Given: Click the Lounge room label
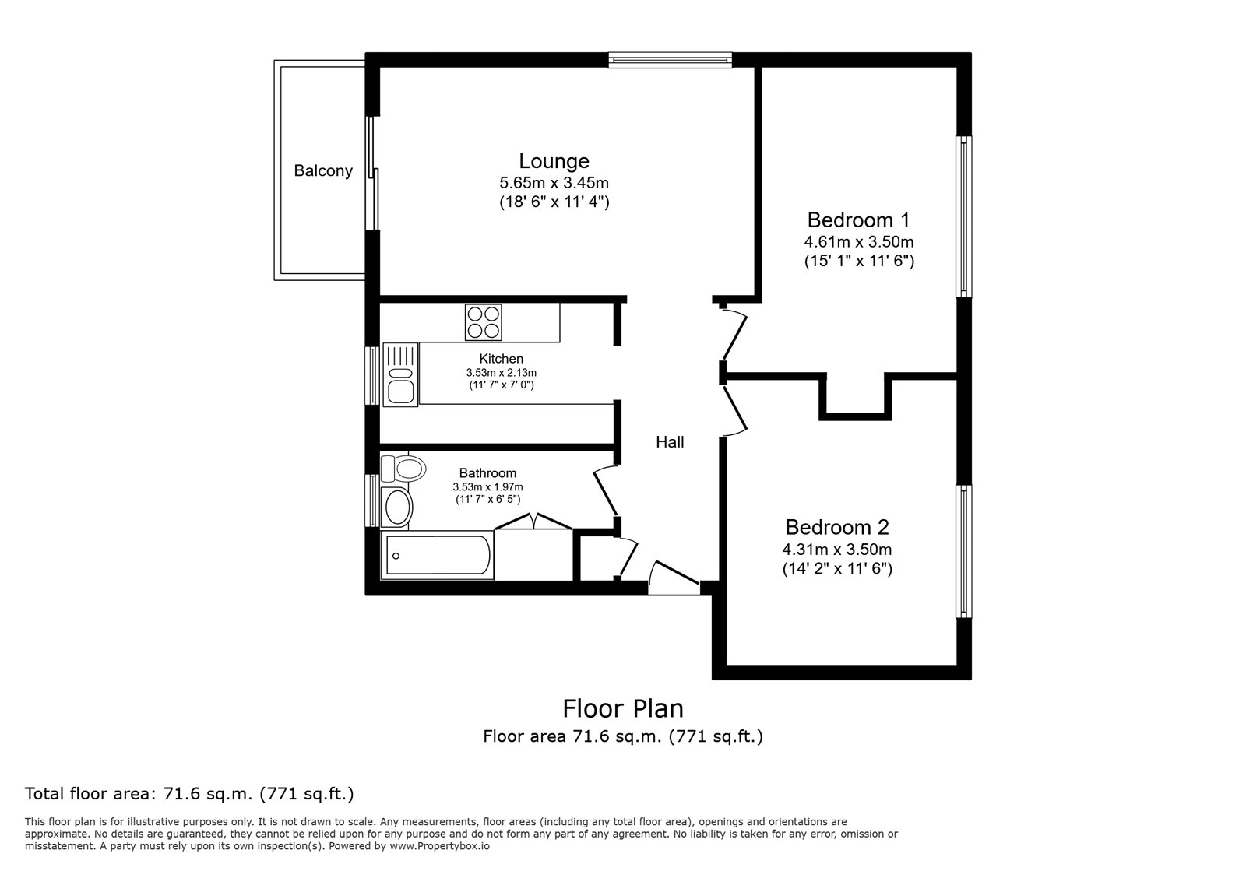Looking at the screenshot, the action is tap(554, 161).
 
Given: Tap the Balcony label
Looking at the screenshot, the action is tap(323, 170).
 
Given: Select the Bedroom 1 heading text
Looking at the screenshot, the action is tap(858, 220).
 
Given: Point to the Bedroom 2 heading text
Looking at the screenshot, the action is tap(837, 527).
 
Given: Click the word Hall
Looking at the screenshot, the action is tap(670, 442).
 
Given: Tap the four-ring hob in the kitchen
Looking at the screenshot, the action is tap(484, 322).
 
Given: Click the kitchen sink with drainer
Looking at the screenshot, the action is tap(400, 374).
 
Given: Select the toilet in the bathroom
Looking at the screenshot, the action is tap(403, 469).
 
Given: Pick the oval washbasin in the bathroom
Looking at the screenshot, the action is tap(396, 507).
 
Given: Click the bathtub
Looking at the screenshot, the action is tap(437, 555).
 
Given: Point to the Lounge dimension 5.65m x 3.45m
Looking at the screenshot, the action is tap(554, 183).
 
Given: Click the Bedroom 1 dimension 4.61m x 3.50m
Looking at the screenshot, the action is tap(859, 242).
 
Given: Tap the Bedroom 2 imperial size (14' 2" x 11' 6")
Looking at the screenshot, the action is tap(837, 569).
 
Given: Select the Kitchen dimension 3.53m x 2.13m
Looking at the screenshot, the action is tap(502, 372).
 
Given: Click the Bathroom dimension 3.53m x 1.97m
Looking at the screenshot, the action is tap(487, 487).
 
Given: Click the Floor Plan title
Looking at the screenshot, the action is tap(623, 708).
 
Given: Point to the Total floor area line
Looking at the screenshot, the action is tap(189, 794).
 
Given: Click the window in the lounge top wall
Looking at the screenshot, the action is tap(671, 60).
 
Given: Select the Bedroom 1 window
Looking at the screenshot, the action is tap(964, 217).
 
